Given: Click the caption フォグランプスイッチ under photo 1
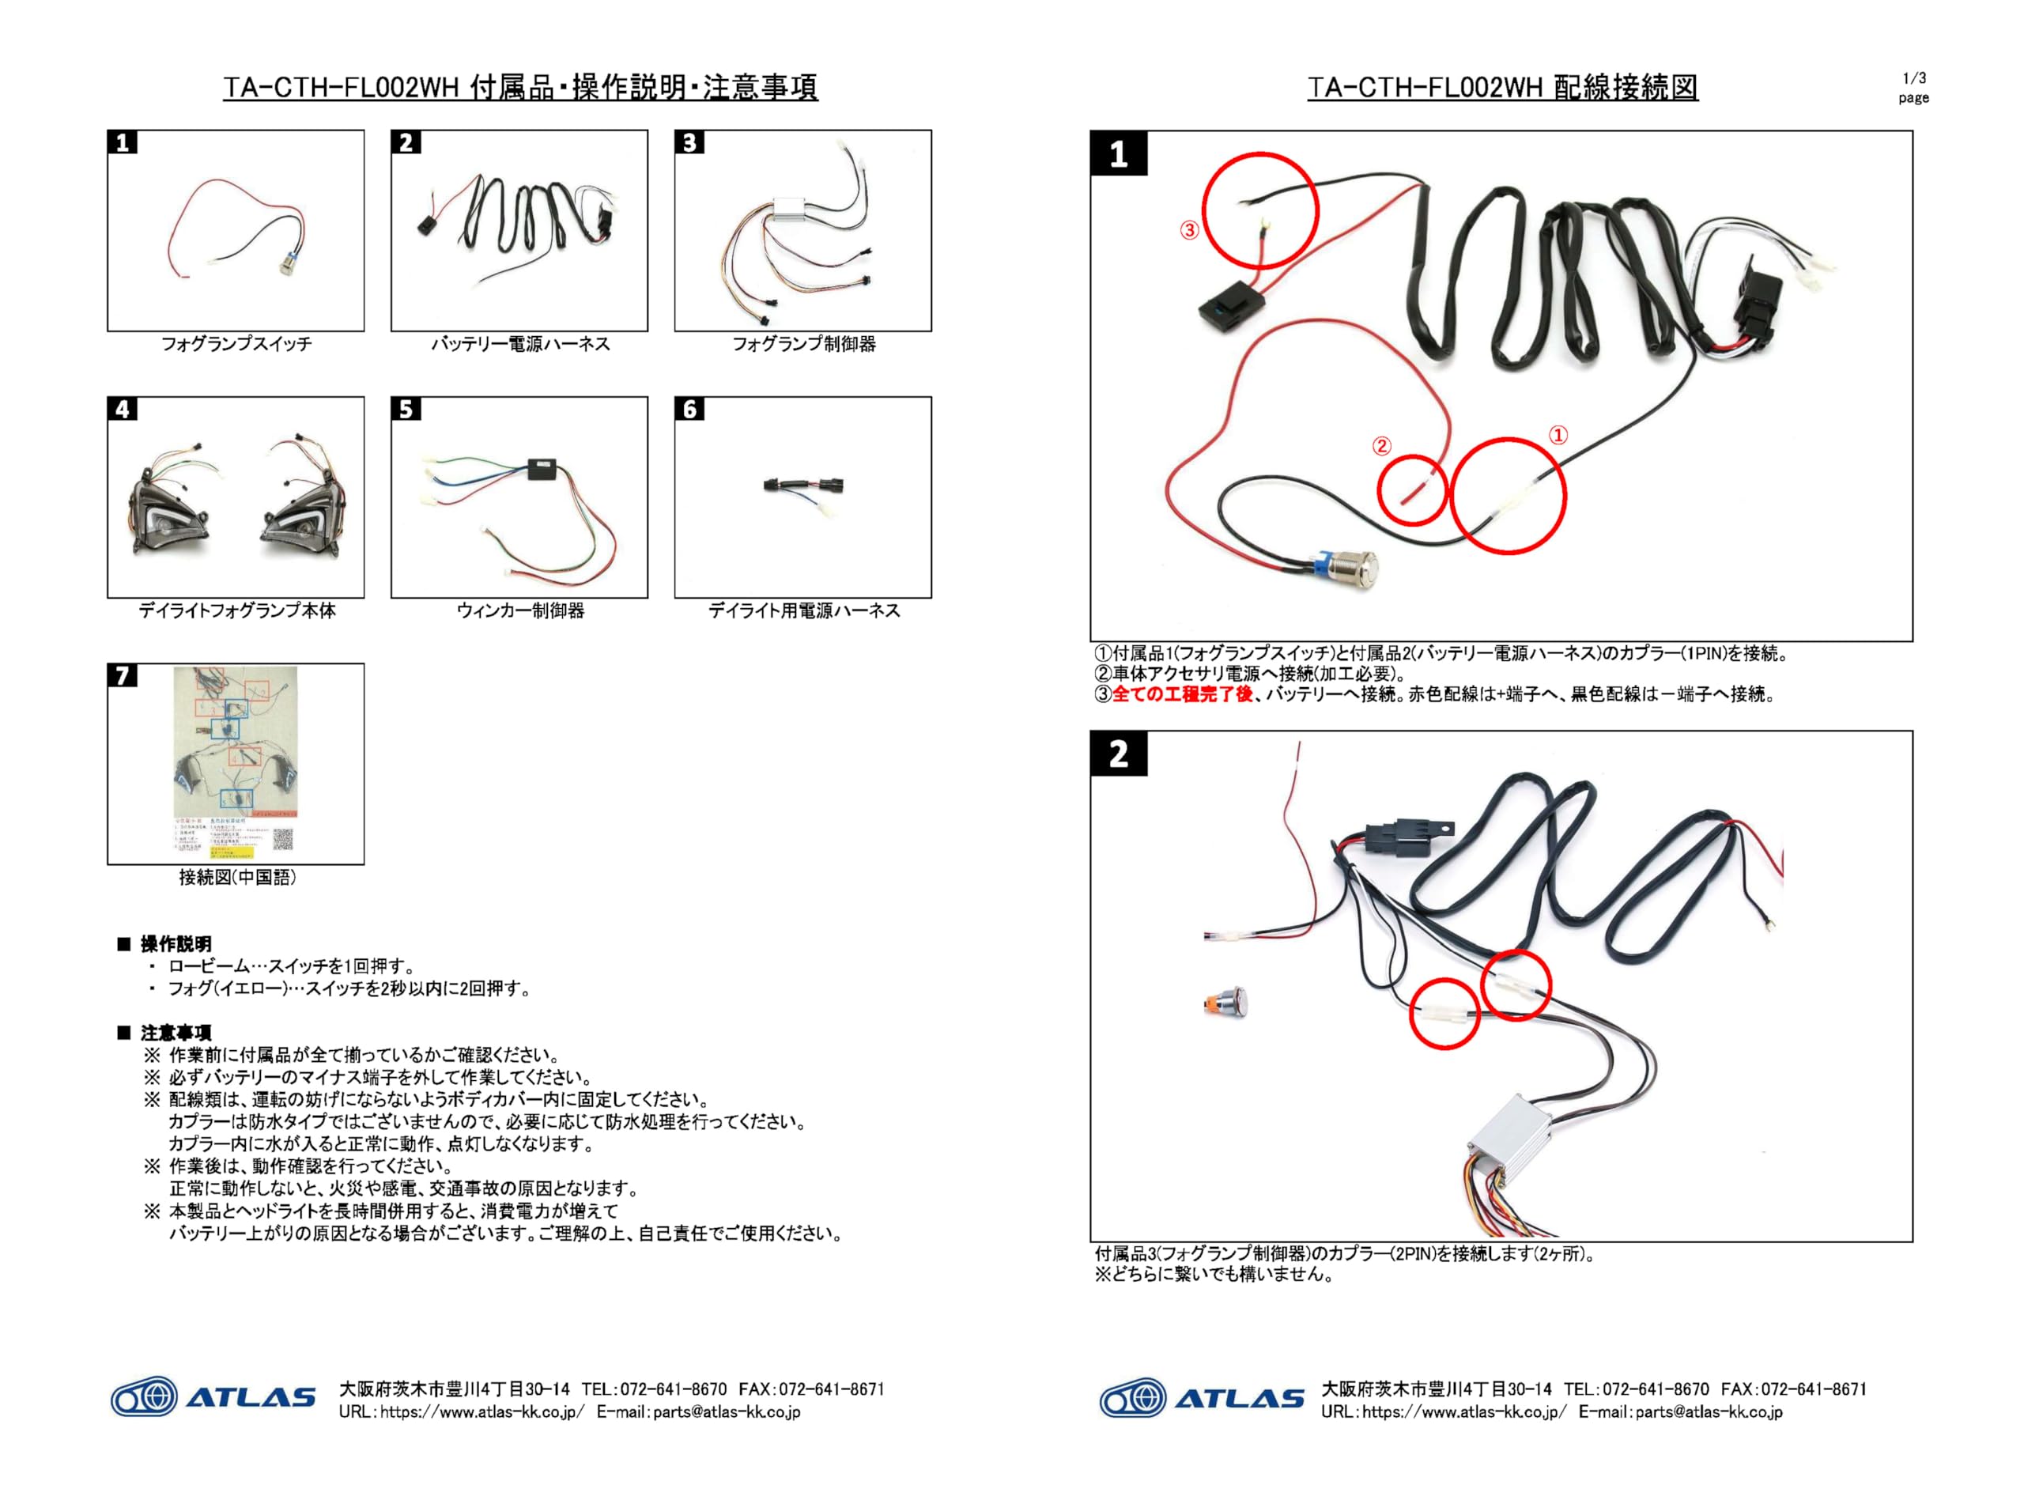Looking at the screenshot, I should [236, 343].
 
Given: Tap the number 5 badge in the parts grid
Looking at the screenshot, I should [406, 410].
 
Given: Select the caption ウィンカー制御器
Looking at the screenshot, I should [519, 610].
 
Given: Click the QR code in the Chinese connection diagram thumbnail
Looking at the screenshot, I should [283, 839].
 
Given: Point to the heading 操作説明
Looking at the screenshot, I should [176, 944].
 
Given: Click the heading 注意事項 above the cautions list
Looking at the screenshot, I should [176, 1033].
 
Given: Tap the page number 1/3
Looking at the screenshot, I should [1913, 78].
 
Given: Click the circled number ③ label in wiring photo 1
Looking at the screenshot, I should [1189, 230].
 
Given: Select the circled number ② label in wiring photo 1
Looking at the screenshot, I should [1381, 446].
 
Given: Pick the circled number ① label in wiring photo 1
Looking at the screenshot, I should [1558, 435].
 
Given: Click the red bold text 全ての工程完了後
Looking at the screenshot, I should [1182, 694].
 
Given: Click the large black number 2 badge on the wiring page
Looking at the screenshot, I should [1118, 754].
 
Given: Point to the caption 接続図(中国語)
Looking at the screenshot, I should [236, 878].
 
